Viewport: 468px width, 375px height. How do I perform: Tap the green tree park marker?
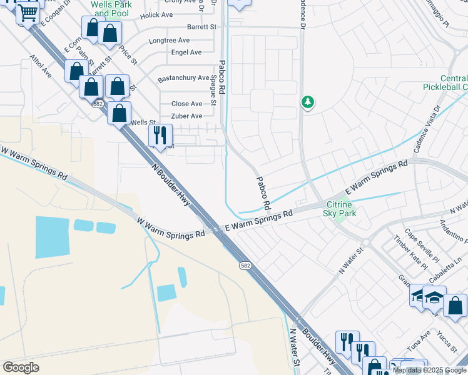307,101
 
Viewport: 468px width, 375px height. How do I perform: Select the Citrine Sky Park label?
338,209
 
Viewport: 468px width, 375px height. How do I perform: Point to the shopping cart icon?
28,11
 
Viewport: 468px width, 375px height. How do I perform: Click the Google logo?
21,367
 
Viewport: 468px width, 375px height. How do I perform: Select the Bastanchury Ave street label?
183,78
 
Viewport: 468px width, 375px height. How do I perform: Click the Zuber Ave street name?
187,116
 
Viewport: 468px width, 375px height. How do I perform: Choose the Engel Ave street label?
186,52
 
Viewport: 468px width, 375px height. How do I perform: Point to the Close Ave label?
187,104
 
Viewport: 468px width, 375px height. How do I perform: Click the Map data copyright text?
429,370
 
